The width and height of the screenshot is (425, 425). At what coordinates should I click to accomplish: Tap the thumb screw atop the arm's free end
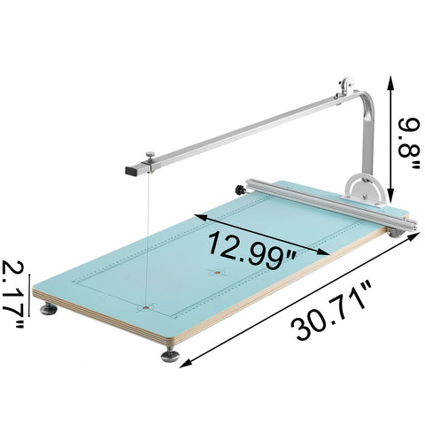(151, 158)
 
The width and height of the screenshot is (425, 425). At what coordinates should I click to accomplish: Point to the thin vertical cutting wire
(142, 239)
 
